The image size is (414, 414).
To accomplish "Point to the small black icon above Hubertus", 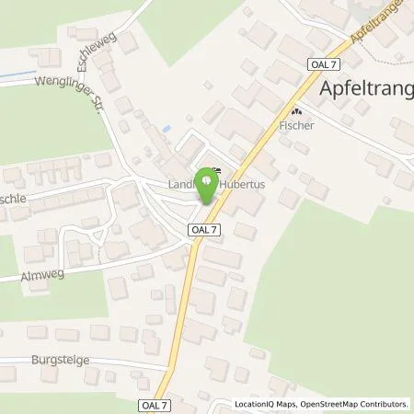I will [x=216, y=168].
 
